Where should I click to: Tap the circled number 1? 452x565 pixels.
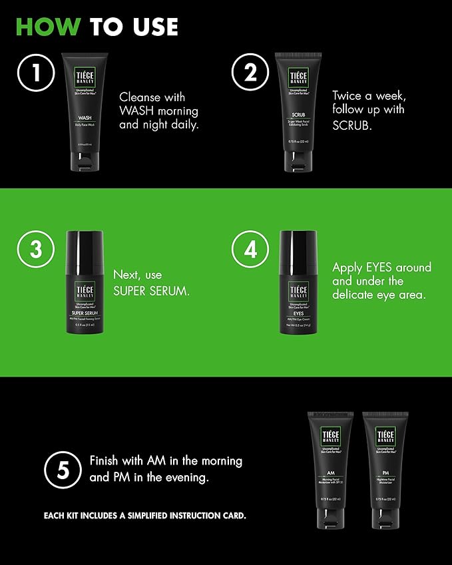[x=36, y=73]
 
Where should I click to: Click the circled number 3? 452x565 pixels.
[x=36, y=250]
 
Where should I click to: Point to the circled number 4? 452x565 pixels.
[x=250, y=250]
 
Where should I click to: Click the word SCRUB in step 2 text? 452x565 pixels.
[x=350, y=124]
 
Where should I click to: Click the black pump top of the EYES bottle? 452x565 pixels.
[x=298, y=247]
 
